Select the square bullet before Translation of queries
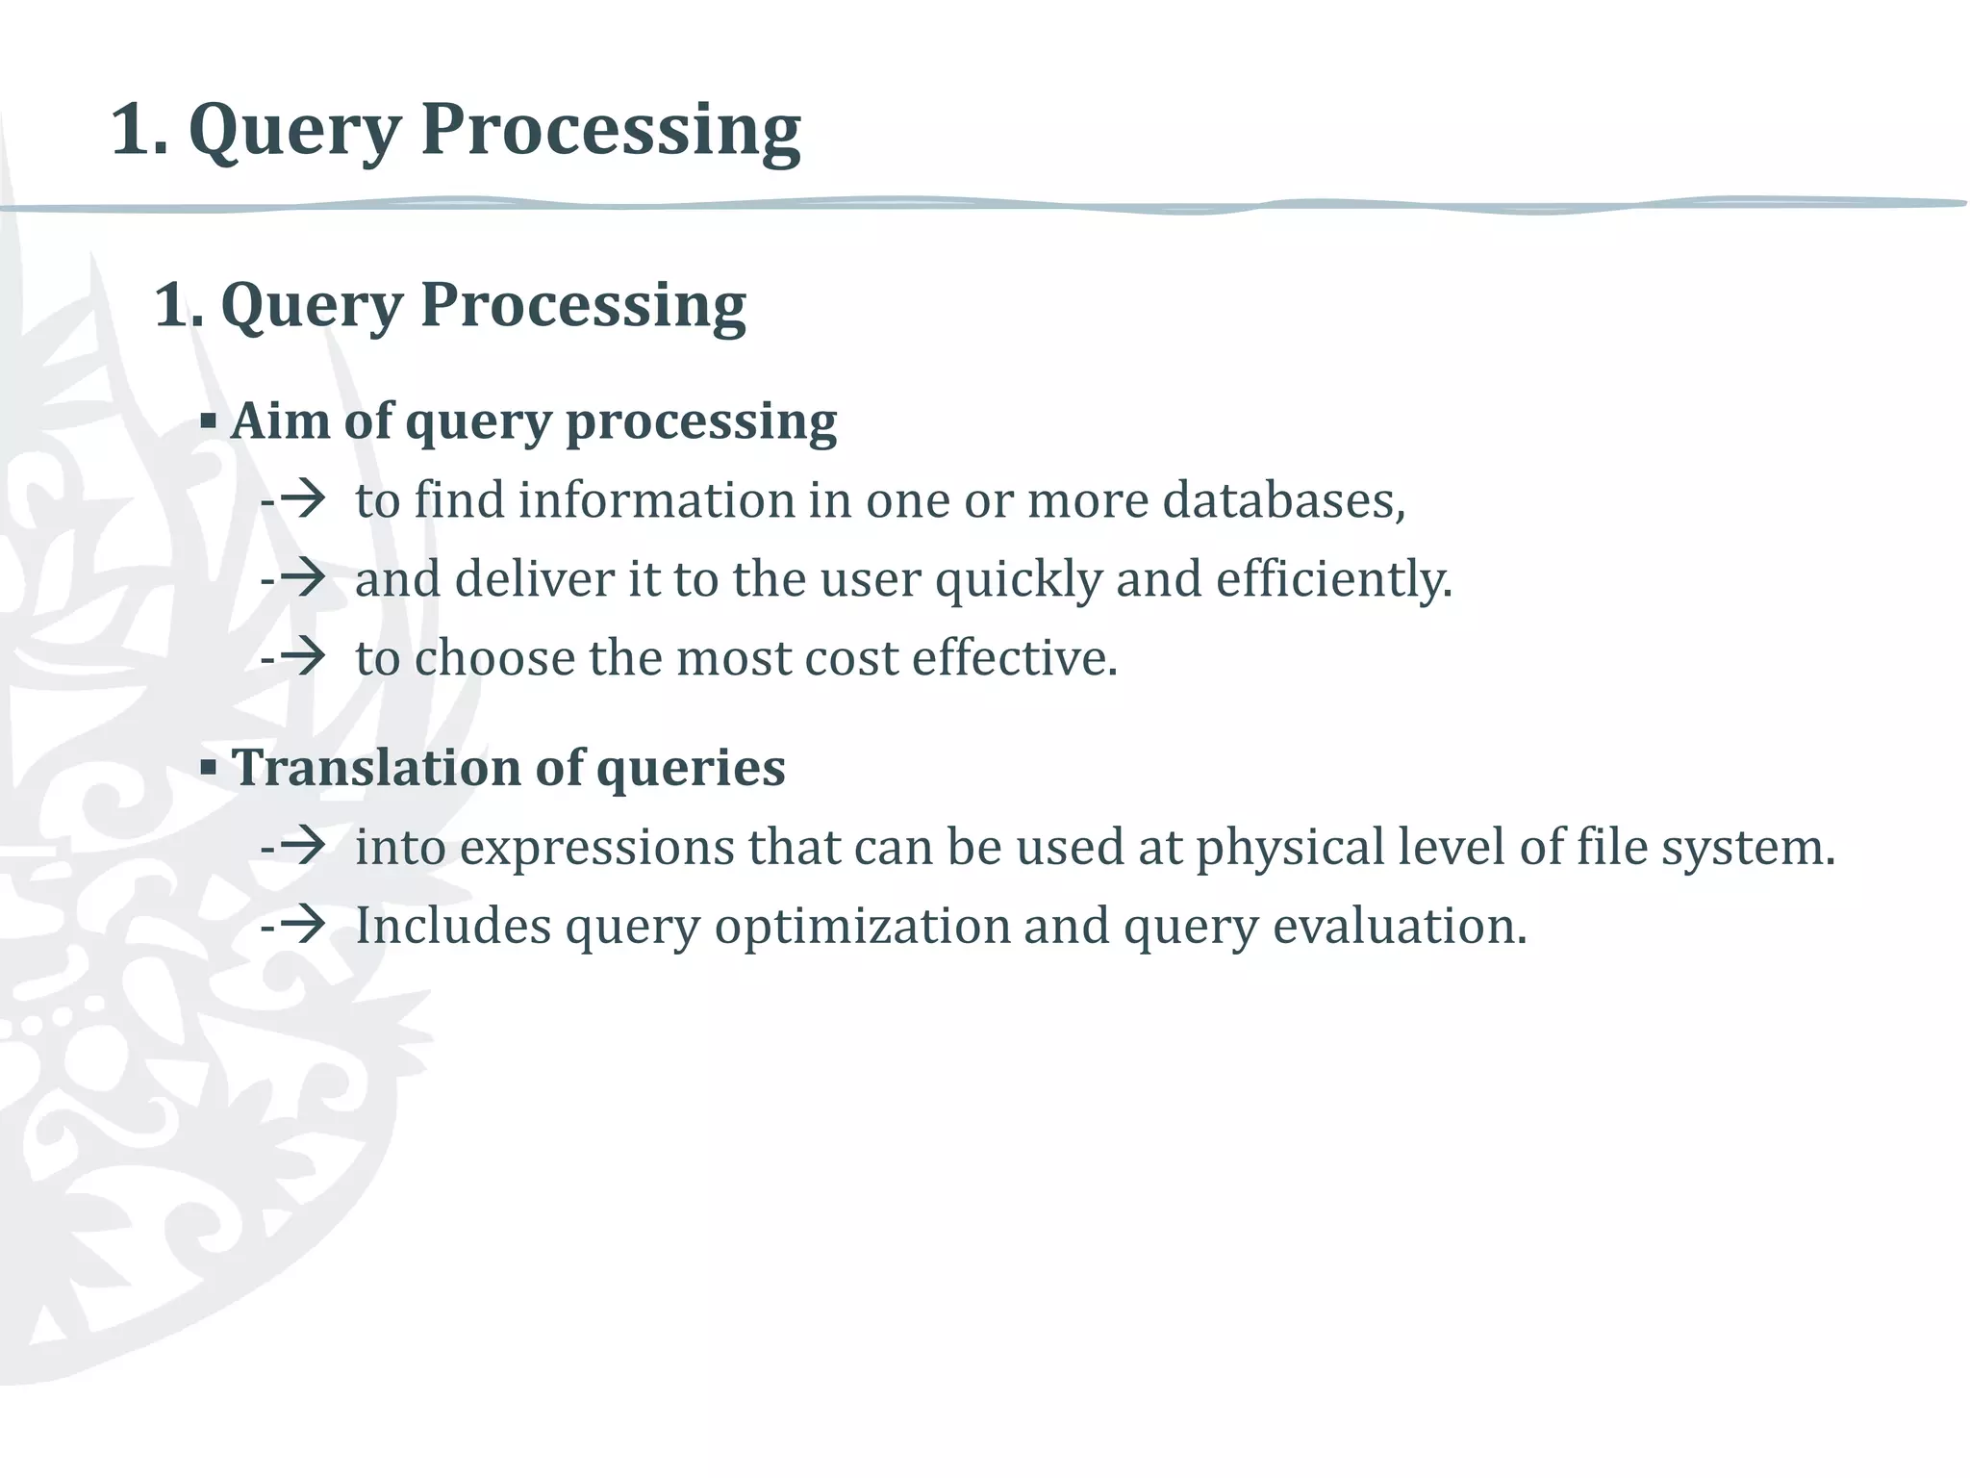[x=209, y=768]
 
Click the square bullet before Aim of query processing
[x=209, y=420]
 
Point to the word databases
[x=1283, y=500]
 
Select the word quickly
[x=1018, y=580]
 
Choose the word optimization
[x=861, y=927]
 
